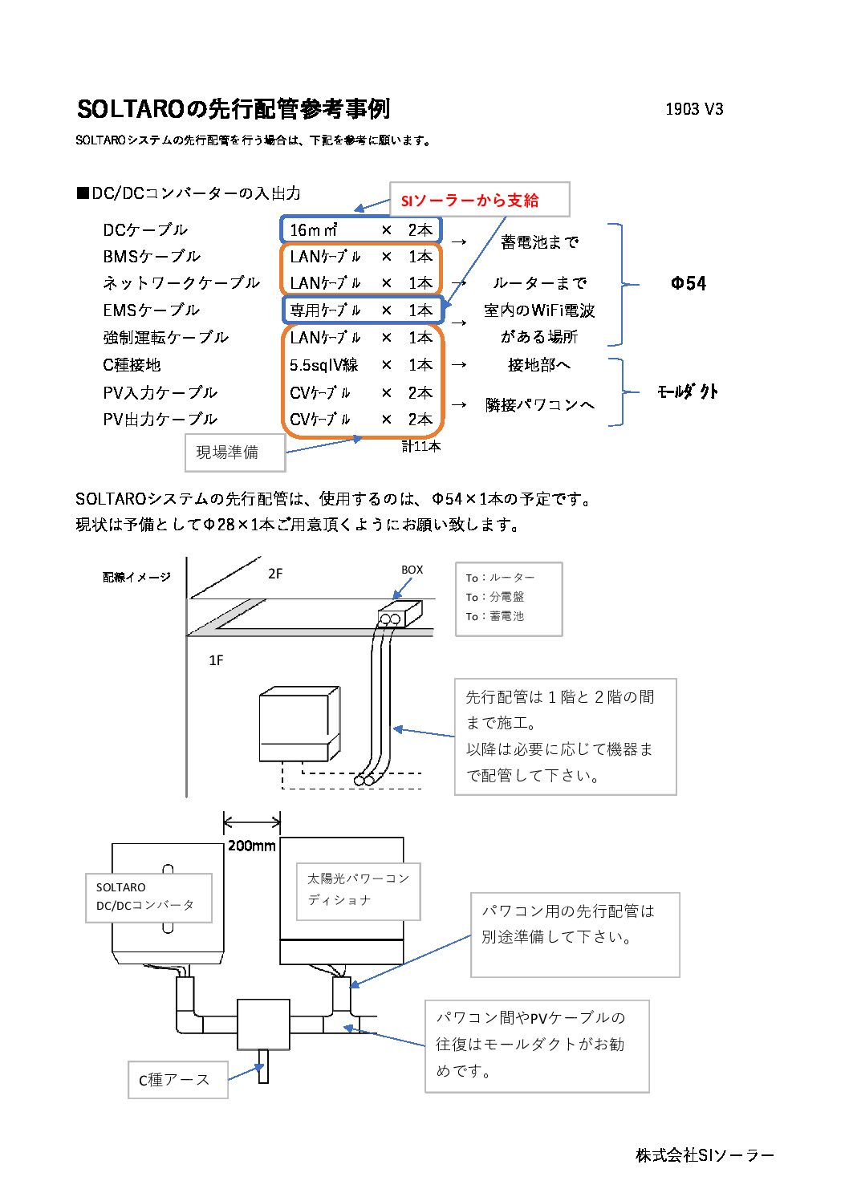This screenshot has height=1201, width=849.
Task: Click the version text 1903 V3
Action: tap(694, 109)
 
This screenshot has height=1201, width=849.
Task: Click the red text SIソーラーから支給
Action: tap(469, 201)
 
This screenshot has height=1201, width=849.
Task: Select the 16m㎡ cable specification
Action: tap(314, 230)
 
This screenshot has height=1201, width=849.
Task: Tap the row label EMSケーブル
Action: tap(151, 310)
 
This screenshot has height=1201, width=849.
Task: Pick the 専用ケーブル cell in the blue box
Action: tap(325, 310)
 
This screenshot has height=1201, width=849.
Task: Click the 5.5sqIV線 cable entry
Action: tap(324, 365)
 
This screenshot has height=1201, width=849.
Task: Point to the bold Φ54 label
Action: tap(689, 283)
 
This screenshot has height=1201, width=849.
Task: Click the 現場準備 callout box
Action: tap(235, 452)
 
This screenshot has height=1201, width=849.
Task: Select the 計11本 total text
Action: tap(421, 446)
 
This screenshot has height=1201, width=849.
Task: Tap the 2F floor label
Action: tap(275, 574)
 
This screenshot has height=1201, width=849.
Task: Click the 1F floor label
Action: tap(216, 660)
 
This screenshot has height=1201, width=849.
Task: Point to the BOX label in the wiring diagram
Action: tap(412, 570)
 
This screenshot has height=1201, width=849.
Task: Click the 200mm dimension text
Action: tap(251, 846)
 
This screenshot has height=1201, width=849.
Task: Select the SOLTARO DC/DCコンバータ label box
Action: tap(148, 898)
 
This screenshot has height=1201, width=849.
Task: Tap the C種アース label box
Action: tap(178, 1080)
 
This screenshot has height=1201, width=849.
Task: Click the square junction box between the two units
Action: tap(263, 1024)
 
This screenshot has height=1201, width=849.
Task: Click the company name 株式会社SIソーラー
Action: tap(705, 1155)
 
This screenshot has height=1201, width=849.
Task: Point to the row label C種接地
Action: tap(132, 365)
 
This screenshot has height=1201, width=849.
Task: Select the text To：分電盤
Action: tap(494, 597)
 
